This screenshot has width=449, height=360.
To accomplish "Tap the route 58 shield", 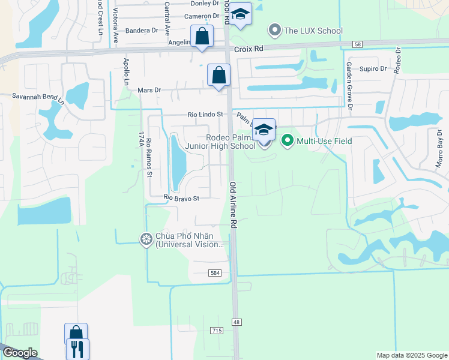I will point(358,44).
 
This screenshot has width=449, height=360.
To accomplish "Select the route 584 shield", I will point(215,272).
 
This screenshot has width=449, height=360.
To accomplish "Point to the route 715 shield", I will point(217,331).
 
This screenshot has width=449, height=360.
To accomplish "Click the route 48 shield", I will point(237,322).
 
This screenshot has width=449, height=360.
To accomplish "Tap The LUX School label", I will point(313,31).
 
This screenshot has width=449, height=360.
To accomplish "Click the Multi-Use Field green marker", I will point(287,141).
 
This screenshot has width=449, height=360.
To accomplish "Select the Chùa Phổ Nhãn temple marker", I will point(146,240).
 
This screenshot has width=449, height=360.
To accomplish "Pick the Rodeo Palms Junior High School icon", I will point(264,130).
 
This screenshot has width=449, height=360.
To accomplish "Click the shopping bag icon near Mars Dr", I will point(218,76).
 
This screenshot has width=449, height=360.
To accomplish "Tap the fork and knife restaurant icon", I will point(77,349).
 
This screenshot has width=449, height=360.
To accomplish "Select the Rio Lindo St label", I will point(205,114).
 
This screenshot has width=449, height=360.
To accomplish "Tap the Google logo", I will point(20,353).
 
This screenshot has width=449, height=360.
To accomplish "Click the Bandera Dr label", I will point(142,30).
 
